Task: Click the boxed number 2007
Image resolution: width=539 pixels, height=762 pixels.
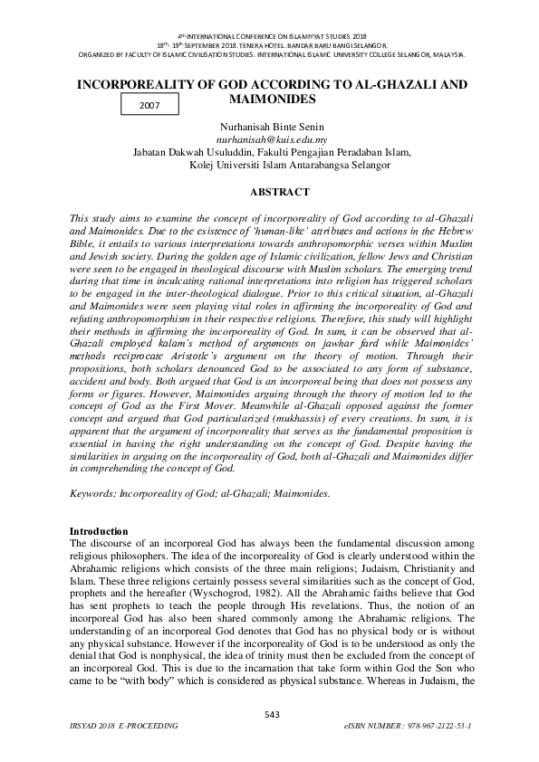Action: [x=149, y=106]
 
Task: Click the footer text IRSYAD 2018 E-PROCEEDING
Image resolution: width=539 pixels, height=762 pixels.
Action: [x=123, y=727]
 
